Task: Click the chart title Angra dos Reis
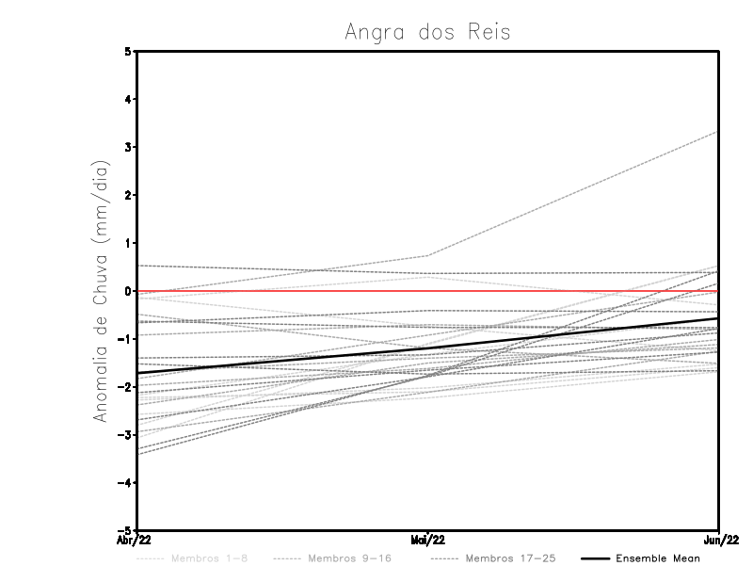pos(428,31)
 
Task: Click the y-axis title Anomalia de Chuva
pos(101,291)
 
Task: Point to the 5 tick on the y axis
pos(128,51)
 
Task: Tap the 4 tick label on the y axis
pos(128,99)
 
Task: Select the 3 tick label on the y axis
pos(128,147)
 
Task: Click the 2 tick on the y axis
pos(128,195)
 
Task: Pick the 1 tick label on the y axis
pos(128,243)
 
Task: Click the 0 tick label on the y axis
pos(128,291)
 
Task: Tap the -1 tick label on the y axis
pos(125,339)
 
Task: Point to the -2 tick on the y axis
pos(125,387)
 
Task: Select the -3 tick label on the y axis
pos(125,435)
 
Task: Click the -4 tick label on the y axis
pos(125,483)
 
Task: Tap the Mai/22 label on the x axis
pos(428,540)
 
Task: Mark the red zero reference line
pos(565,291)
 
